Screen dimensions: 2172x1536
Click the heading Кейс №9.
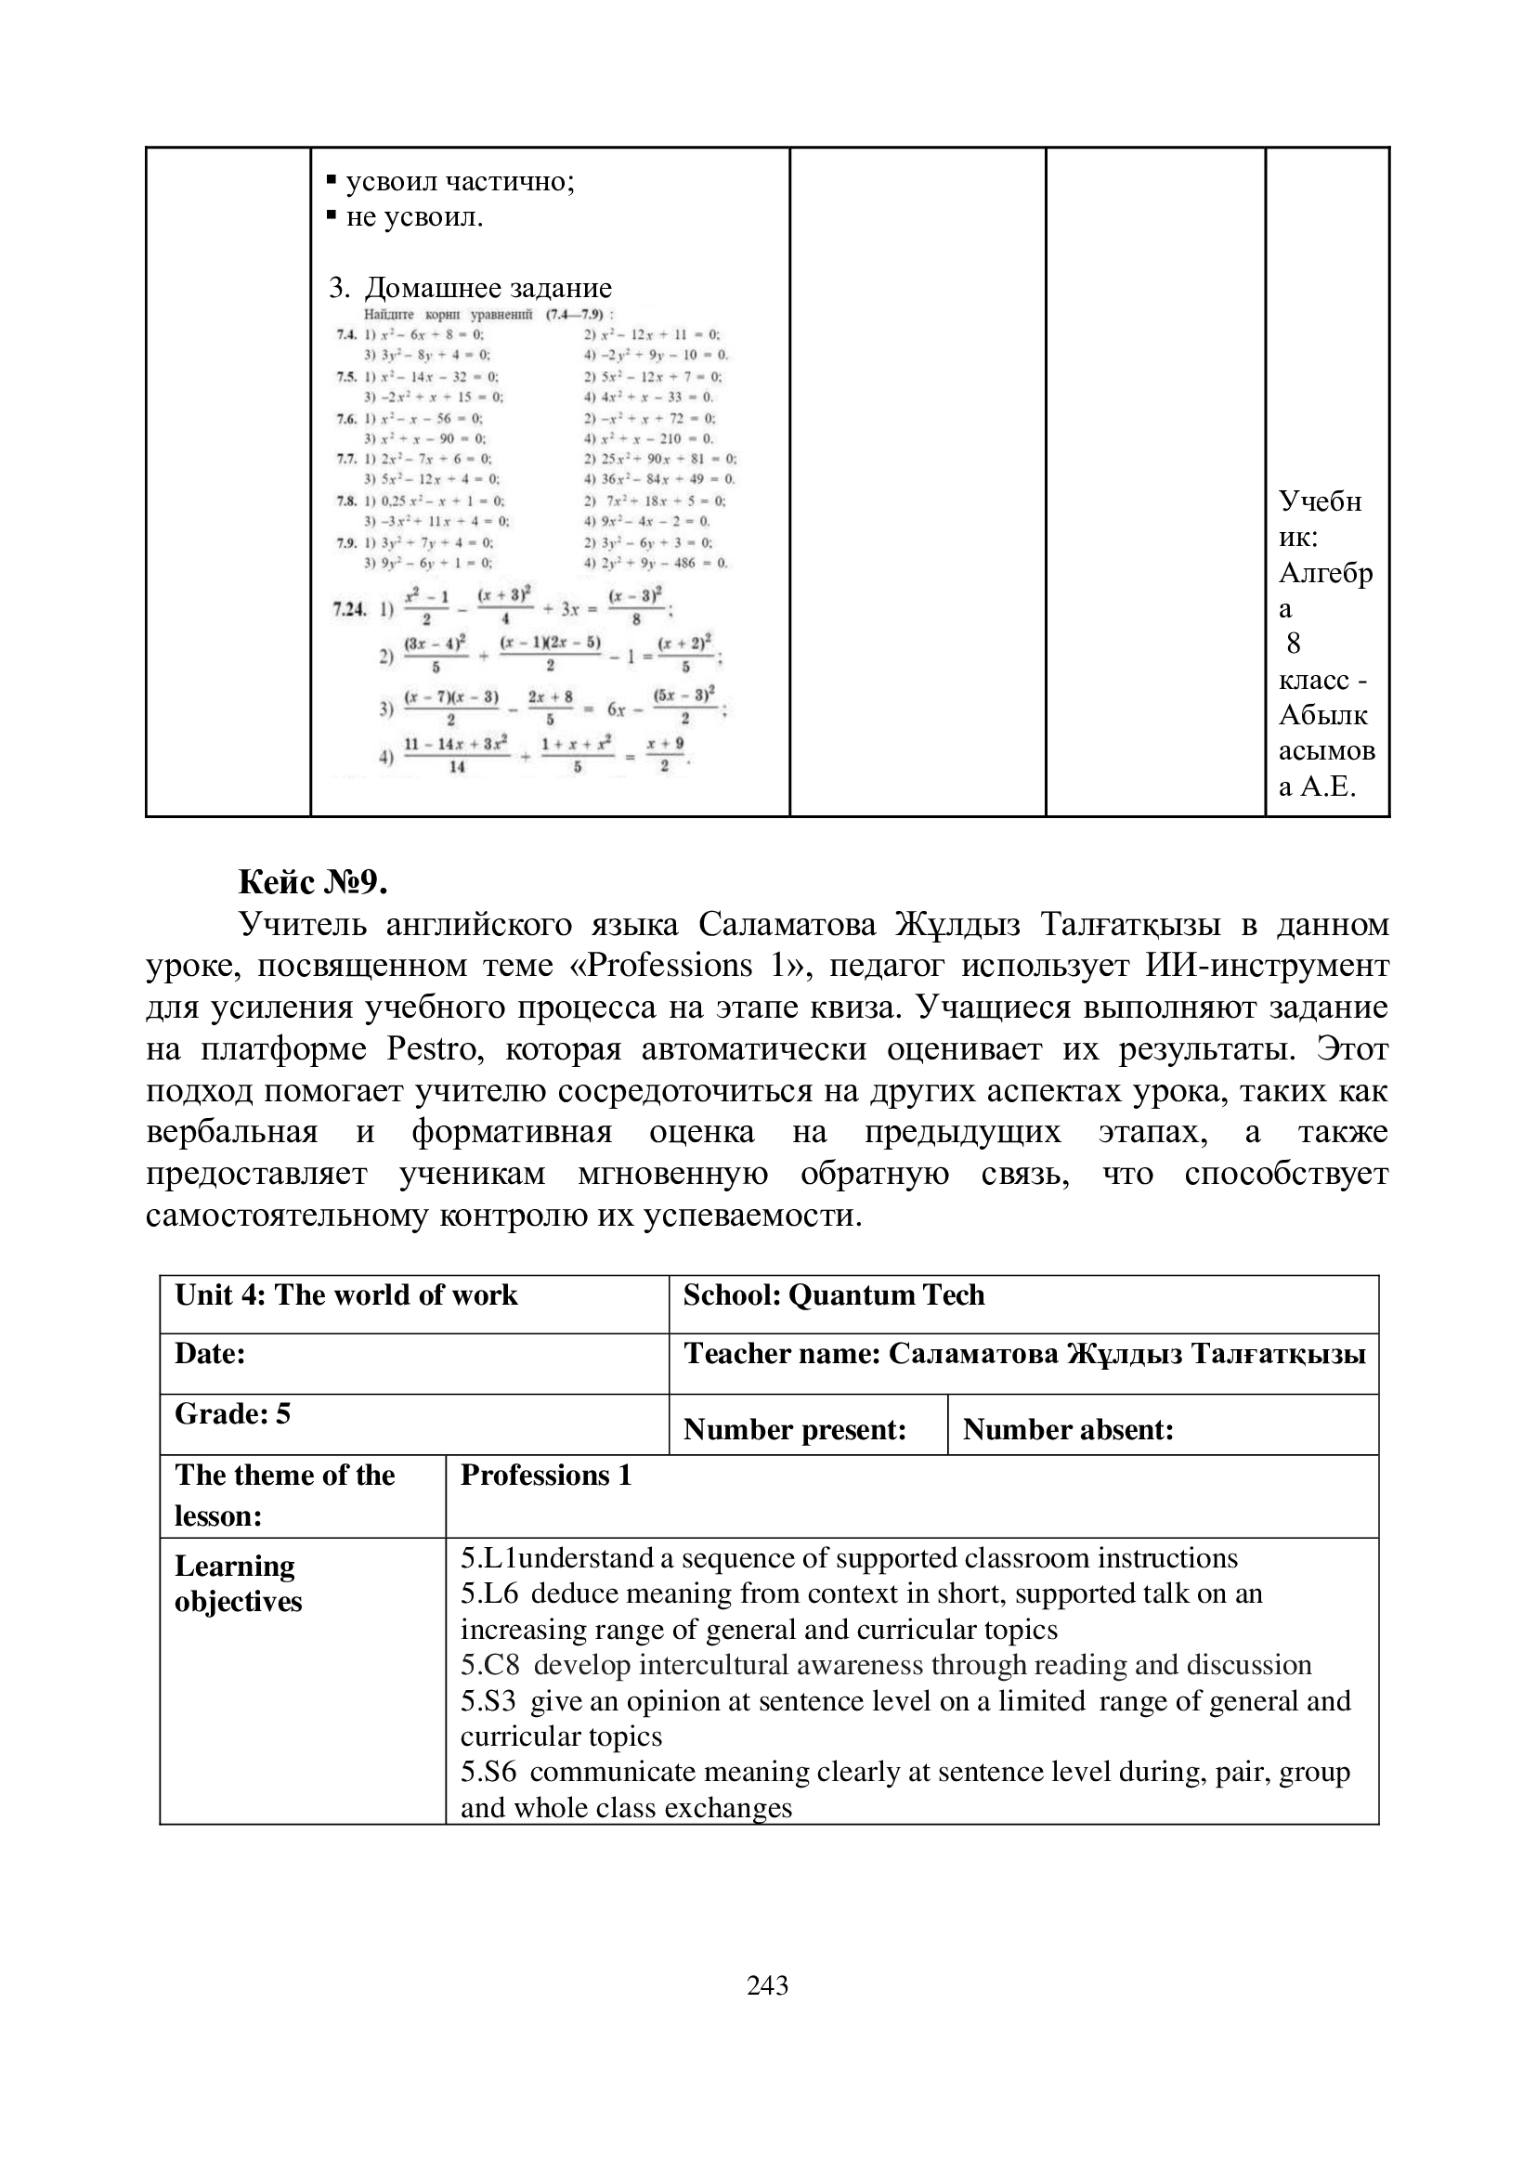click(313, 882)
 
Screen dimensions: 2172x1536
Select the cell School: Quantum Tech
click(833, 1295)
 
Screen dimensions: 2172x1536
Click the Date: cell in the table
click(210, 1354)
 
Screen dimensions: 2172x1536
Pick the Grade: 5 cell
click(233, 1413)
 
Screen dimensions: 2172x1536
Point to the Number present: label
click(795, 1429)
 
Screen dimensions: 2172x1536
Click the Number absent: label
click(1068, 1429)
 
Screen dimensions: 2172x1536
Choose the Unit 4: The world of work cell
click(346, 1295)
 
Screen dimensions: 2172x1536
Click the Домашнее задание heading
click(488, 288)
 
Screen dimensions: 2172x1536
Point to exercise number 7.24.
click(349, 609)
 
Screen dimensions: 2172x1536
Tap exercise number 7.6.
click(346, 418)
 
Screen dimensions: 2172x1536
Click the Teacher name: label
click(781, 1355)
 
